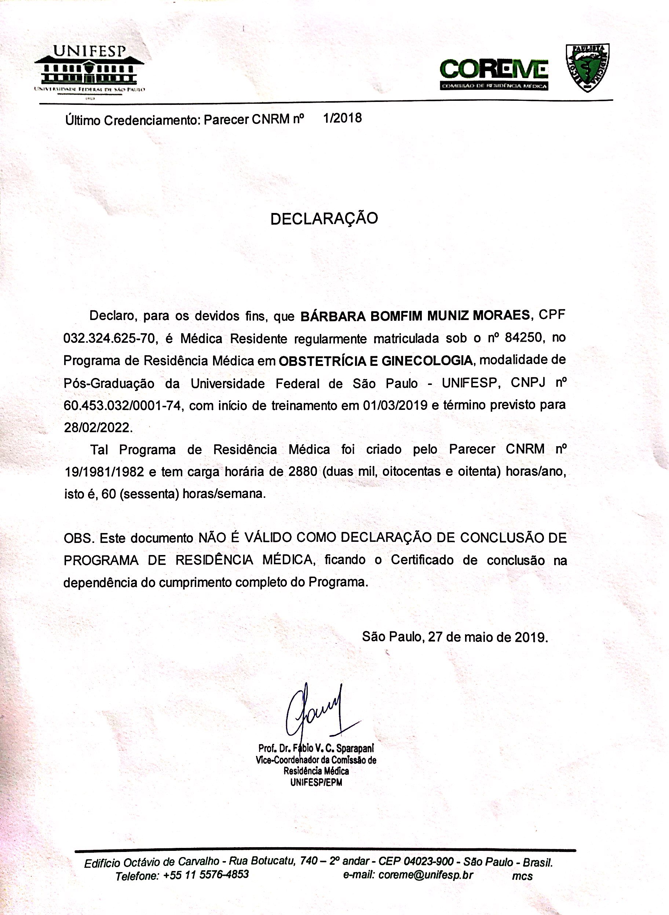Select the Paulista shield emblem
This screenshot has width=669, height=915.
click(587, 67)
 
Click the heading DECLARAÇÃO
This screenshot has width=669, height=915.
click(324, 218)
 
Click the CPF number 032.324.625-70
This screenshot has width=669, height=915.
click(110, 338)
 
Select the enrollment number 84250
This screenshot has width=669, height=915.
click(523, 338)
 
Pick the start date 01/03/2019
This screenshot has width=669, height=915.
click(395, 405)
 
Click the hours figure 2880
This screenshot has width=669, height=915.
click(299, 472)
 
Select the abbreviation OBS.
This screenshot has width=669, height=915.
click(79, 538)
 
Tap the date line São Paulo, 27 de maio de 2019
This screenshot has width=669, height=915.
click(455, 637)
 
